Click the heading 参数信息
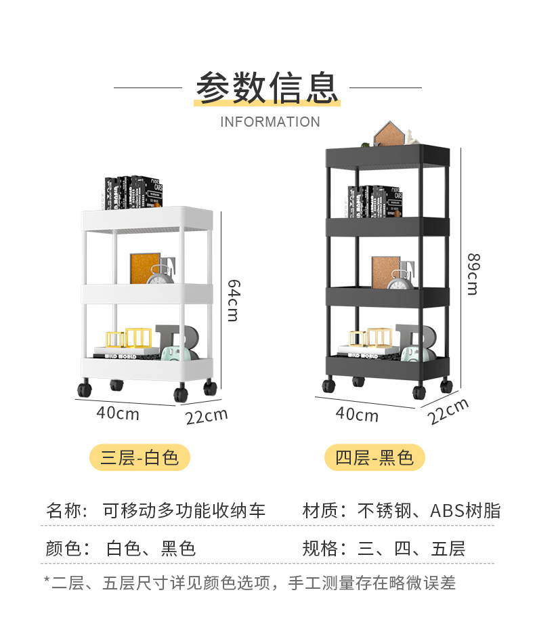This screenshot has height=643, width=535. coord(267,87)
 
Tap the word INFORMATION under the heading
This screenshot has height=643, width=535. coord(270,122)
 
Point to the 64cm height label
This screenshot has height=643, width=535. coord(232,299)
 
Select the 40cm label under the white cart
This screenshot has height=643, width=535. coord(118,413)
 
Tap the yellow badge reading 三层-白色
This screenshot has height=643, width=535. coord(140,458)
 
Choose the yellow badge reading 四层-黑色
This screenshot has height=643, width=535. coord(374,458)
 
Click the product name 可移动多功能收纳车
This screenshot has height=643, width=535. coord(184,510)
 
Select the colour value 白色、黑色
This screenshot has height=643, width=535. coord(150,548)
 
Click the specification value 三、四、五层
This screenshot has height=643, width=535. coord(412,548)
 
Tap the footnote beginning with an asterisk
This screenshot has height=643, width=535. coord(250,582)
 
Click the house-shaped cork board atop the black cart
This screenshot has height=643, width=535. coord(389,134)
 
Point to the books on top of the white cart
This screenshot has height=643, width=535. coord(133,192)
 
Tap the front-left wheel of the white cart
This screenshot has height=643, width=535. coord(84,390)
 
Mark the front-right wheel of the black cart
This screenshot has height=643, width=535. coord(419,392)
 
